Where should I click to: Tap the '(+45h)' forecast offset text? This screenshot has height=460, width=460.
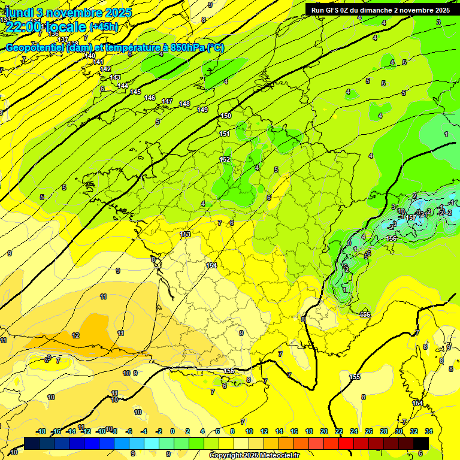104,26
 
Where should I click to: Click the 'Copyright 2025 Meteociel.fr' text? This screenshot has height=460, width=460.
253,456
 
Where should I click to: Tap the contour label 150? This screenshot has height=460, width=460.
226,116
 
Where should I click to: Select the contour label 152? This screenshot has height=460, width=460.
225,160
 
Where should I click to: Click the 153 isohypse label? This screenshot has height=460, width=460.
185,234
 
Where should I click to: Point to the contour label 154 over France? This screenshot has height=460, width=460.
211,265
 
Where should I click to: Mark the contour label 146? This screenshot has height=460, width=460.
150,98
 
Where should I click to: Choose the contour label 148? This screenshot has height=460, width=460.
184,104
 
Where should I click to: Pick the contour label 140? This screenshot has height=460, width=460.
90,56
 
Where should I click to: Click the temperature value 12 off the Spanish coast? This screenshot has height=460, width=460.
75,335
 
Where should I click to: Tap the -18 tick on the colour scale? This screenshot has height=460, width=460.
41,431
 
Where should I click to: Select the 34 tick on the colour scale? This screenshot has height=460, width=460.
429,431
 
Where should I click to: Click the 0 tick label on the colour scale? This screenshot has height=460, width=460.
172,431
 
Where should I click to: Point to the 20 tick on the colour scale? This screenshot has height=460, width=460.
324,431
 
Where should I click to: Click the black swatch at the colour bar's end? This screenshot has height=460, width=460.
422,443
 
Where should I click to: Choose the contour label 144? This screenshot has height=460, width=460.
123,86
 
